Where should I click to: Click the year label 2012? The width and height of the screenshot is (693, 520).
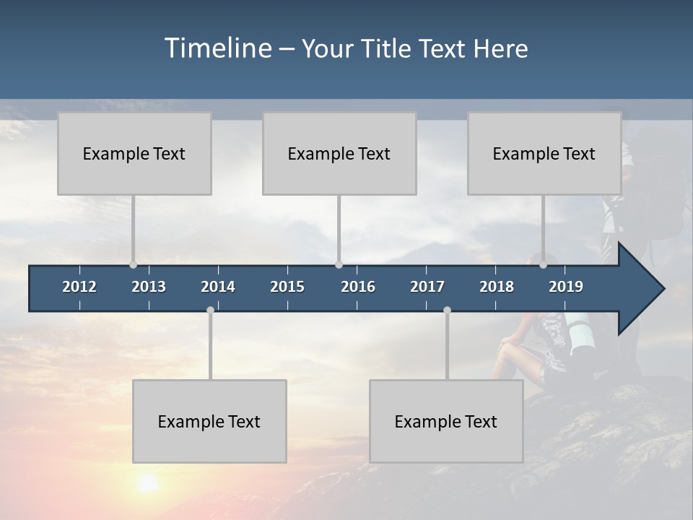(79, 287)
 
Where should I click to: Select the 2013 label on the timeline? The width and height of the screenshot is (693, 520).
(149, 287)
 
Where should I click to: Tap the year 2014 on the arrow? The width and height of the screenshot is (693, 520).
(218, 287)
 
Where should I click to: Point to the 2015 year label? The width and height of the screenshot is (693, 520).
(287, 287)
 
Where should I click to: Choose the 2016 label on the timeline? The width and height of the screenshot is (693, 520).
(358, 287)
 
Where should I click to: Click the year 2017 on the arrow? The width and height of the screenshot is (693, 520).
(427, 287)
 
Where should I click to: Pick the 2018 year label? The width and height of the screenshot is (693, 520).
(497, 287)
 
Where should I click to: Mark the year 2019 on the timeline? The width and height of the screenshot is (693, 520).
(566, 287)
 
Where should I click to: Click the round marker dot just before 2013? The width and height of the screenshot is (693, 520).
(133, 265)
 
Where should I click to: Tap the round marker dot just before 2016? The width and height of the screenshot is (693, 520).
(339, 265)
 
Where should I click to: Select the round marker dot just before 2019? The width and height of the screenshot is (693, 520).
(543, 265)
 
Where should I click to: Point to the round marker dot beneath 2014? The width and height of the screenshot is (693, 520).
(210, 310)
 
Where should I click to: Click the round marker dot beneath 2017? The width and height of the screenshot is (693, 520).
(447, 310)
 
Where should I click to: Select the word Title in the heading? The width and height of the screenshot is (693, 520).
(389, 48)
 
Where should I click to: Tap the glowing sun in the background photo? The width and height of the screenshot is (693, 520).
(149, 482)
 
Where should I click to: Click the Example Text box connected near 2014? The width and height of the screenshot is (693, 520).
(209, 421)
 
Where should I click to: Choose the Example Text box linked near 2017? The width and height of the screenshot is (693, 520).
(446, 421)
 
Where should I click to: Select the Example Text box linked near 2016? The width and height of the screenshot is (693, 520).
(339, 153)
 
